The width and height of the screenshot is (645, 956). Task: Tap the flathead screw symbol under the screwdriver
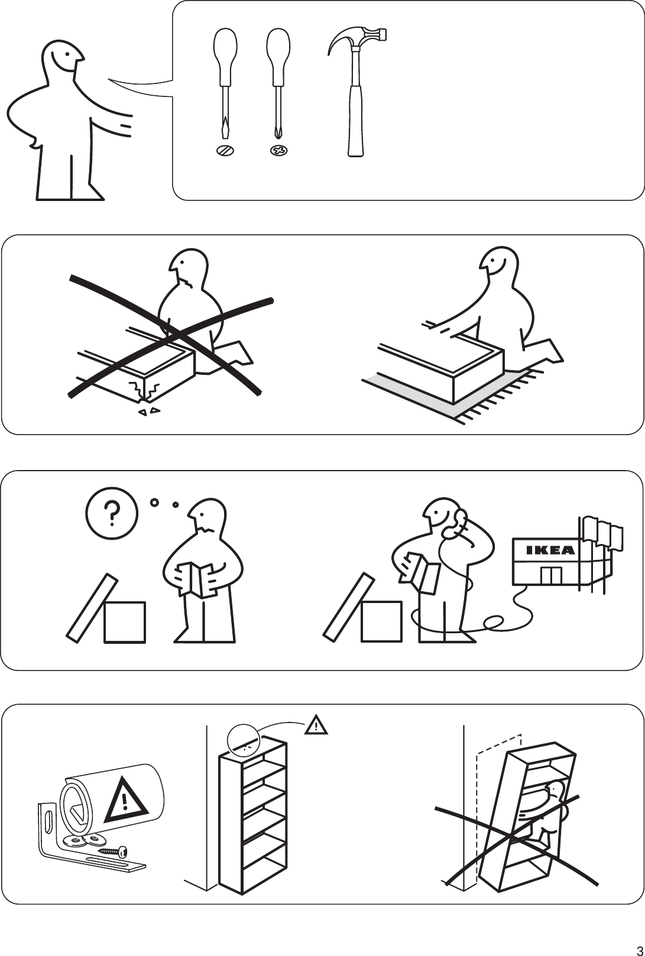point(225,150)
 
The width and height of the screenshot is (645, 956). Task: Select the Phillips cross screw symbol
point(278,151)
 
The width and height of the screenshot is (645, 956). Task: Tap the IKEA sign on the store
point(550,550)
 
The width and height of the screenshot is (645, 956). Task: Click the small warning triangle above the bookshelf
point(317,725)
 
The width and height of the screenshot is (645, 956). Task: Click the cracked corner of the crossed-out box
point(145,390)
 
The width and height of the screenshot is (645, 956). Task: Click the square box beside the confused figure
point(124,622)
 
